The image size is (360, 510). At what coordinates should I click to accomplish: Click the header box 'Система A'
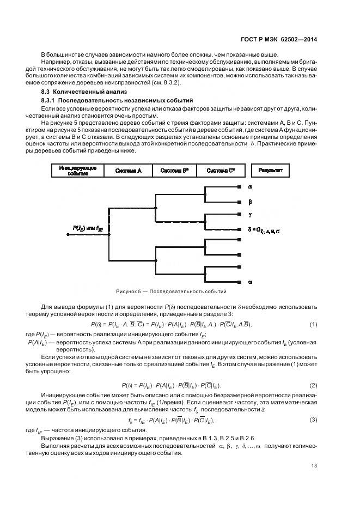pyautogui.click(x=128, y=171)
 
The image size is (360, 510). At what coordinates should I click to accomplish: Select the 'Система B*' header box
pyautogui.click(x=174, y=171)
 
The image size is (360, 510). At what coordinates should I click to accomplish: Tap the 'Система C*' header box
pyautogui.click(x=221, y=171)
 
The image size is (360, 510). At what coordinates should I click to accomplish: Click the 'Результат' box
pyautogui.click(x=270, y=171)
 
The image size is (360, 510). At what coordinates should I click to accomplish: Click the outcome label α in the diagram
pyautogui.click(x=250, y=187)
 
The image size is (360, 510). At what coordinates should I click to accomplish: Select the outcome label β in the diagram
pyautogui.click(x=250, y=201)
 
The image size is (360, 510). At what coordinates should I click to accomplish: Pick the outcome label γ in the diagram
pyautogui.click(x=250, y=215)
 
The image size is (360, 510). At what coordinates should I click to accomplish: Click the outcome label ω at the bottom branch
pyautogui.click(x=250, y=281)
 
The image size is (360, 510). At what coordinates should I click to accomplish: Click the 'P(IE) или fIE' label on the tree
pyautogui.click(x=88, y=229)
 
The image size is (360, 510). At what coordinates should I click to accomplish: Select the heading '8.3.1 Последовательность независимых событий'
pyautogui.click(x=109, y=101)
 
